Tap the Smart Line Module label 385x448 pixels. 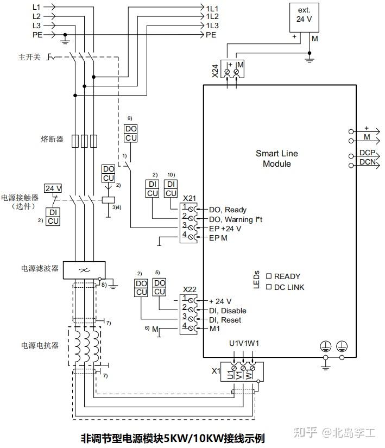[277, 159]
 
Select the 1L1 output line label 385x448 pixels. [212, 8]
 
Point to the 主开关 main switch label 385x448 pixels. [30, 56]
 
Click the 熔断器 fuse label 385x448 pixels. [52, 140]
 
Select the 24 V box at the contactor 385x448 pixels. [53, 188]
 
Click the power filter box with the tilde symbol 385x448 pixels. [84, 269]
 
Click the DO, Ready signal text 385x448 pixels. [228, 210]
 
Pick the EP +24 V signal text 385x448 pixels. [225, 229]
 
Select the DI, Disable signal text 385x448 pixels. [228, 311]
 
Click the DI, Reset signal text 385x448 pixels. [225, 320]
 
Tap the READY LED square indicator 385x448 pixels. [268, 276]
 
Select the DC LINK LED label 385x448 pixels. [289, 287]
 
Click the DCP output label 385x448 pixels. [368, 153]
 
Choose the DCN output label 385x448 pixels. [368, 162]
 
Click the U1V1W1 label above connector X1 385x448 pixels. [244, 343]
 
